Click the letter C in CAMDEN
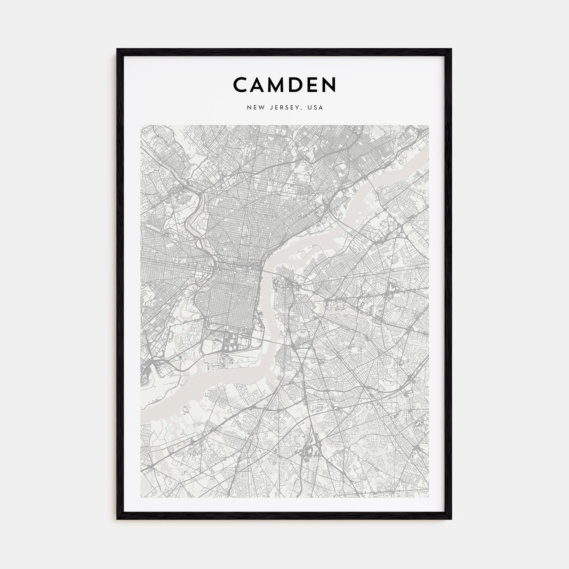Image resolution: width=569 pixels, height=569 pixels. (241, 84)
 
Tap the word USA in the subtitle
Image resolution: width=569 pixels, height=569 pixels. (315, 108)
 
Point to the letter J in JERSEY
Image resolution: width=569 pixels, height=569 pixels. (271, 108)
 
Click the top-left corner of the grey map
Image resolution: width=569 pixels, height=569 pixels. (141, 125)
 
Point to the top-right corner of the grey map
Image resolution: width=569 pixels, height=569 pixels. (429, 125)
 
